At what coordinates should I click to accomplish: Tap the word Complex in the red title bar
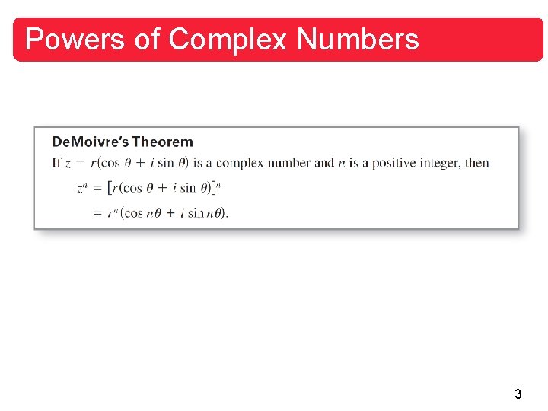coord(226,39)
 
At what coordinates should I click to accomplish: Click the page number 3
coord(518,394)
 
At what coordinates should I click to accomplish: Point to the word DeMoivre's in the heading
coord(89,142)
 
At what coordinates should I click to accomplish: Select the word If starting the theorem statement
coord(56,163)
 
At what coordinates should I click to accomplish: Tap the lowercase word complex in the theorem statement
coord(242,163)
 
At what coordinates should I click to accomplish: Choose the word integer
coord(437,163)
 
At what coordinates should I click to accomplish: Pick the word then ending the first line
coord(477,163)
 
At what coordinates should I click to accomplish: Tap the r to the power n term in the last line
coord(113,213)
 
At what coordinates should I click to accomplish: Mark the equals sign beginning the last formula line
coord(97,213)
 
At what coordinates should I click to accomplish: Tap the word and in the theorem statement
coord(324,163)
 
